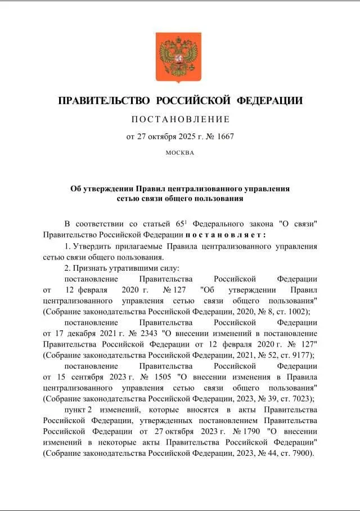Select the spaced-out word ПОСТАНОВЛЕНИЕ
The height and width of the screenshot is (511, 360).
click(x=180, y=119)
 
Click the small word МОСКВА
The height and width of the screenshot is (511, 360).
click(x=180, y=152)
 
